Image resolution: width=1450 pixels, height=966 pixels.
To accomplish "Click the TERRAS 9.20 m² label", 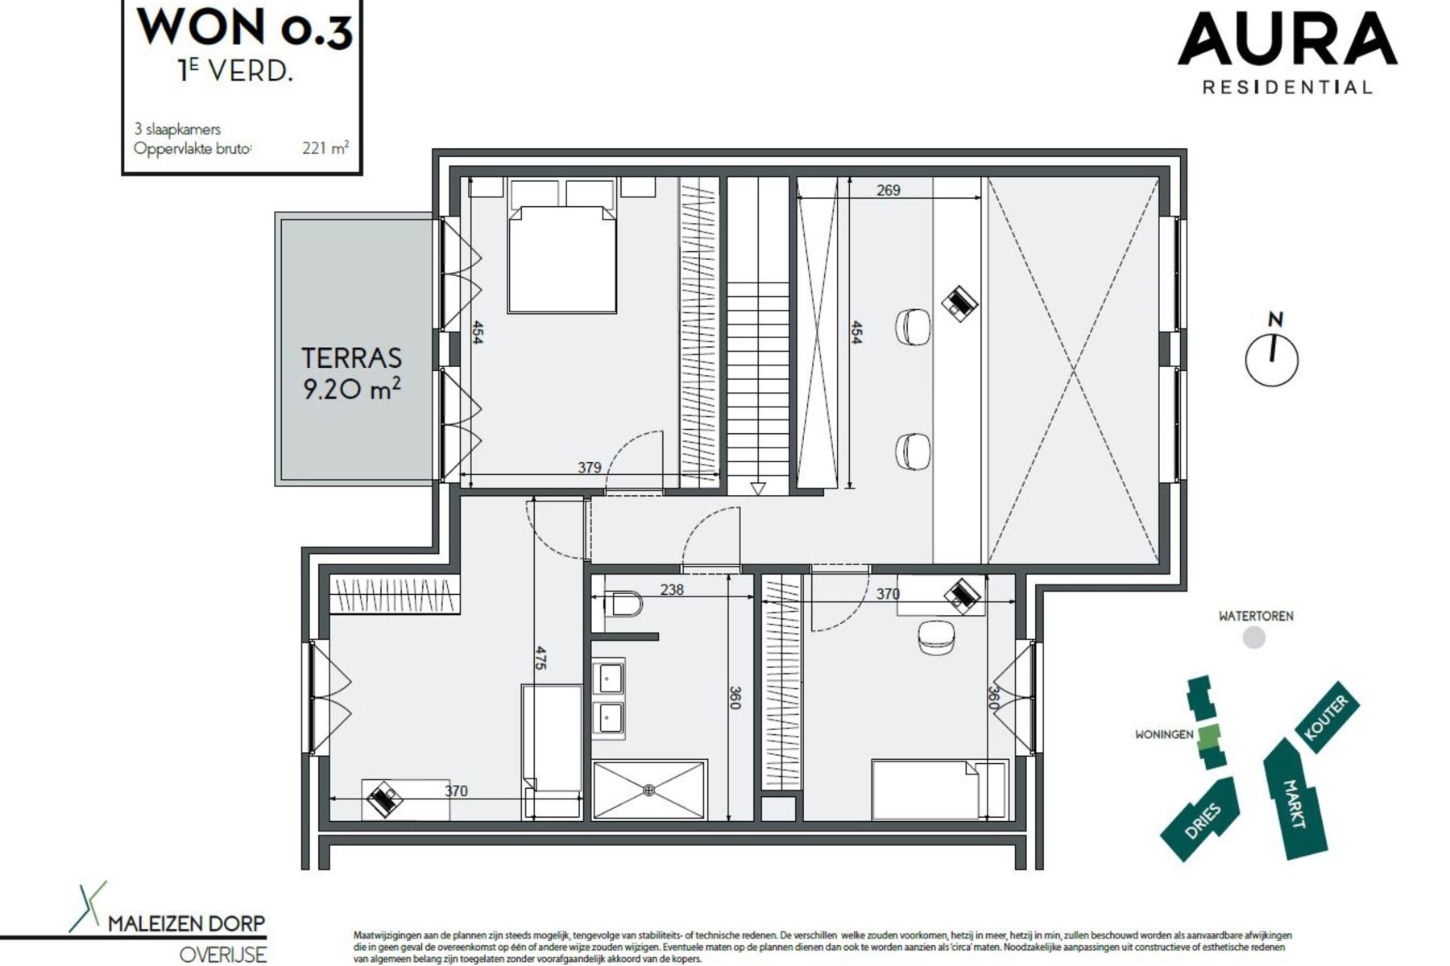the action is (x=352, y=373).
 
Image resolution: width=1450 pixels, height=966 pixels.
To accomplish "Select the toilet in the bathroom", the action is (x=623, y=603).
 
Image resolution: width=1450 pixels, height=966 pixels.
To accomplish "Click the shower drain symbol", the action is (x=649, y=791).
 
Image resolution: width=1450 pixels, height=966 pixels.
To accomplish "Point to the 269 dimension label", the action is (x=888, y=191).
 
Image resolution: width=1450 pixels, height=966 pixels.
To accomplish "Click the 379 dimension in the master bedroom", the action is (x=589, y=467).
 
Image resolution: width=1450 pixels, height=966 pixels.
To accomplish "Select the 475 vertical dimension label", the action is (x=541, y=658).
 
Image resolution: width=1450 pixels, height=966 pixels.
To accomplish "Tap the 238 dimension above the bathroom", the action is (x=671, y=590).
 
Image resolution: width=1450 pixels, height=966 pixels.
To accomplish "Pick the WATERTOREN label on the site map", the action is (x=1255, y=616).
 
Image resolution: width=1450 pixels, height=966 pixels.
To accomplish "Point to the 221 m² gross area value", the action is (x=325, y=148).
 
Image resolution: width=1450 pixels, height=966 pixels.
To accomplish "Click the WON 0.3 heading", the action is (x=244, y=27).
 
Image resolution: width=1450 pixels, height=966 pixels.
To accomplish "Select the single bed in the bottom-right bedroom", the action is (x=939, y=789).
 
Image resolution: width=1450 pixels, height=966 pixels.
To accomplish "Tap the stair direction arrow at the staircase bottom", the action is (x=757, y=488).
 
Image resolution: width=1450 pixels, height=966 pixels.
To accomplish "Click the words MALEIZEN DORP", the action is (x=186, y=923).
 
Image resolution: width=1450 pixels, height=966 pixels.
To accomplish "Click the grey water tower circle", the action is (x=1254, y=638).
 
